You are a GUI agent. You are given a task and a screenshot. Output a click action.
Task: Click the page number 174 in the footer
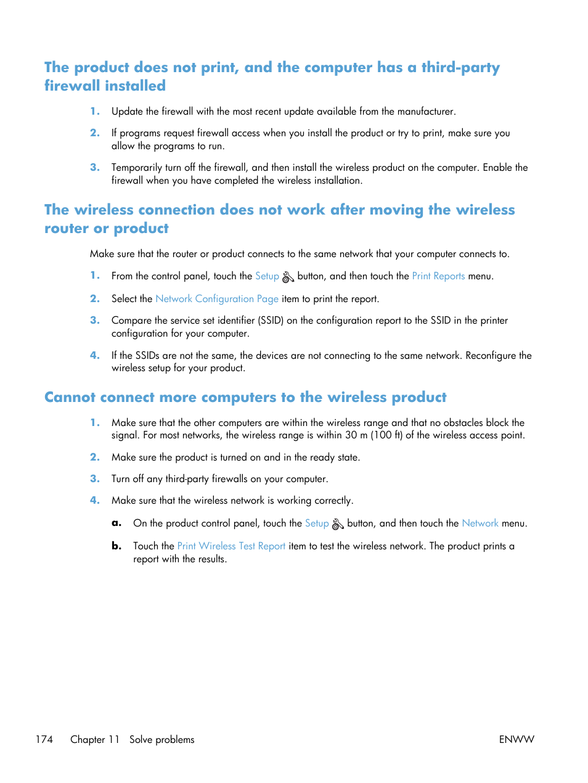click(44, 739)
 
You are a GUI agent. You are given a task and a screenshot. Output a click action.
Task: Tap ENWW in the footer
click(517, 739)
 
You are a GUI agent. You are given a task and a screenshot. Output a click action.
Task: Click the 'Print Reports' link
click(438, 276)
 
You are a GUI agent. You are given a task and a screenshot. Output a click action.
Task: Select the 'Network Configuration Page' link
click(217, 299)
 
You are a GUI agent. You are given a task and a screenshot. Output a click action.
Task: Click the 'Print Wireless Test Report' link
click(231, 546)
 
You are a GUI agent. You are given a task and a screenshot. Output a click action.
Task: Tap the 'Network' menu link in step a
click(480, 523)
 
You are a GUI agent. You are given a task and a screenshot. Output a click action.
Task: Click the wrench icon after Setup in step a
click(338, 524)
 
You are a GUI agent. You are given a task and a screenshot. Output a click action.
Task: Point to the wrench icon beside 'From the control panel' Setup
click(288, 277)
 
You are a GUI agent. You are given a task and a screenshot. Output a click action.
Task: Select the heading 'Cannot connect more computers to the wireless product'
click(245, 397)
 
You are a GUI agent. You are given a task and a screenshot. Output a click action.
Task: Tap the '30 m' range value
click(356, 435)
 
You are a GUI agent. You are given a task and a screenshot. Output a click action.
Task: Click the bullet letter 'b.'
click(116, 546)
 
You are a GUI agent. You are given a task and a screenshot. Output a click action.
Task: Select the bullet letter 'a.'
click(116, 523)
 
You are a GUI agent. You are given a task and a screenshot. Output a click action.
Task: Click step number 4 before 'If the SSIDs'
click(94, 355)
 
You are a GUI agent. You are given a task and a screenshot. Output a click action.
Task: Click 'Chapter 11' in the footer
click(95, 739)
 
